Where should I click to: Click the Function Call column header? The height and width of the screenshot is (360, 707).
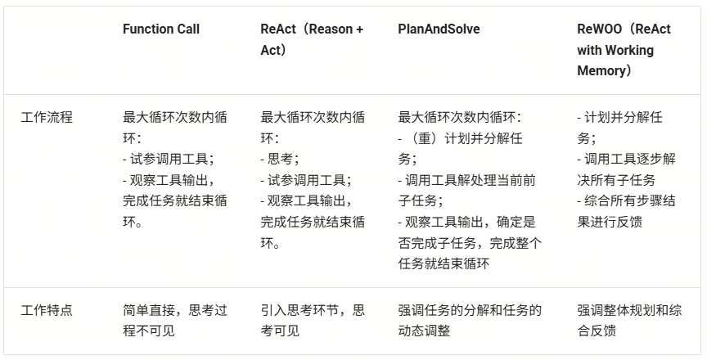pos(160,29)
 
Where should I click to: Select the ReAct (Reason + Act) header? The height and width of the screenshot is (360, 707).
pos(312,39)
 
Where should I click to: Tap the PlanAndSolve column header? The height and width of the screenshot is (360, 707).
pos(439,29)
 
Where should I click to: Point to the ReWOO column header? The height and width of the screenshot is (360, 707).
pos(623,50)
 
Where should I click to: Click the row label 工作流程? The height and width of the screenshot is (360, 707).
pos(47,117)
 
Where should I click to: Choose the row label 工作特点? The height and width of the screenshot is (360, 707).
pos(47,310)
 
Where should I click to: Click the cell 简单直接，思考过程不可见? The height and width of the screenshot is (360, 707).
pos(175,320)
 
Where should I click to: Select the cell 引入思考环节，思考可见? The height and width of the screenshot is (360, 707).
pos(313,320)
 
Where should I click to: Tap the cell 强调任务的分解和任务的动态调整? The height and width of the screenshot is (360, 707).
pos(470,320)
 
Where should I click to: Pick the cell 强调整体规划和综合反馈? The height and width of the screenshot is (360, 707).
pos(628,320)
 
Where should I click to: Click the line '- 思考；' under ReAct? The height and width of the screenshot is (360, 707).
pos(280,160)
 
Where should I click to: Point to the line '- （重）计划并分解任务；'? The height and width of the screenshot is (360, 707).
pos(460,148)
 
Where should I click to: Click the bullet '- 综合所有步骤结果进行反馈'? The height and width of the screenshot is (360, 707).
pos(626,211)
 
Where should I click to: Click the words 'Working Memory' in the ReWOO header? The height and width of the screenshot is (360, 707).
pos(615,61)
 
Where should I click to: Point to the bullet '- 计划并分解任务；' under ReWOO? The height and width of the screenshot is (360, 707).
pos(619,128)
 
